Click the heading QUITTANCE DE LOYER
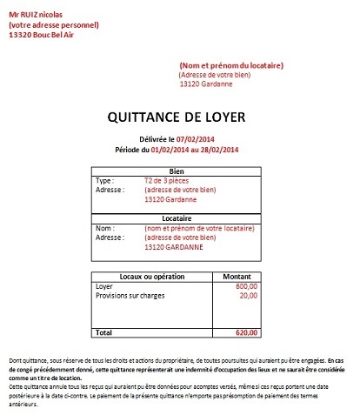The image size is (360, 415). [177, 117]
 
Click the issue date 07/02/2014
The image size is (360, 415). [195, 138]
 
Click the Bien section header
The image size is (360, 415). [177, 172]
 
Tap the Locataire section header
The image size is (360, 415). [177, 218]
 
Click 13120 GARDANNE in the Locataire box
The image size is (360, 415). [173, 246]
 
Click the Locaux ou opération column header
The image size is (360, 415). [151, 276]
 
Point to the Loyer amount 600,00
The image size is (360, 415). [247, 286]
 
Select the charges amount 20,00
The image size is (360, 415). [249, 296]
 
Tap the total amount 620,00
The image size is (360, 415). [247, 333]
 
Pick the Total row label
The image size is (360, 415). [103, 333]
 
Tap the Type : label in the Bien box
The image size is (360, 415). [105, 181]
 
